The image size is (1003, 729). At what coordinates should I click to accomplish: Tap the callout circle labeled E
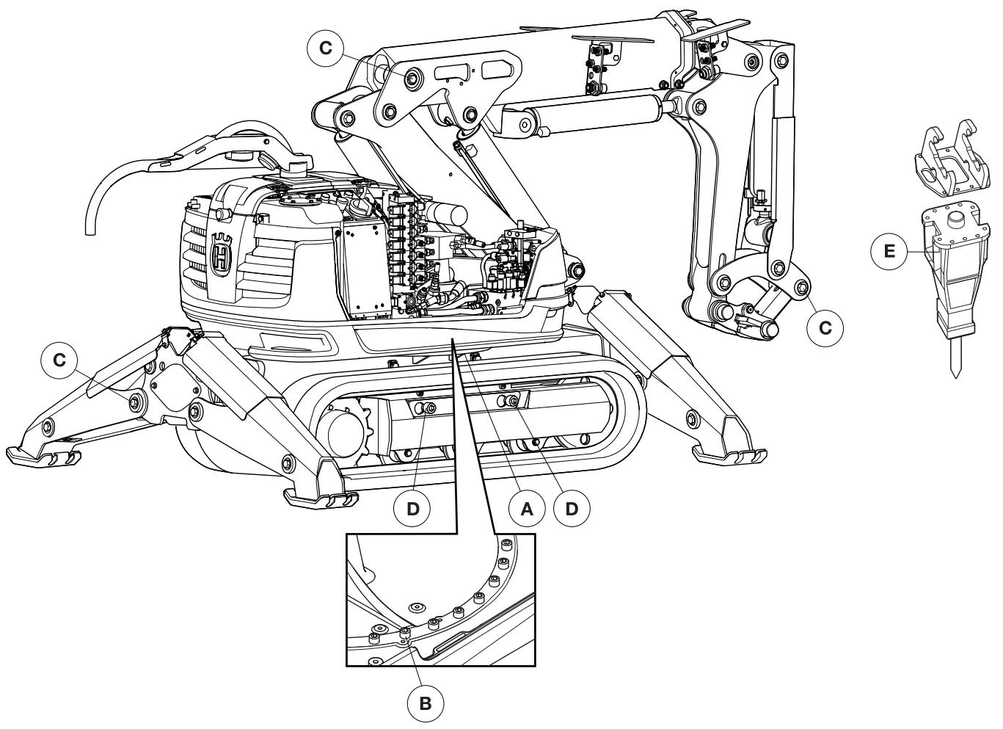click(889, 251)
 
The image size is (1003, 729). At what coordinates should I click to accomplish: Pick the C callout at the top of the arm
click(326, 48)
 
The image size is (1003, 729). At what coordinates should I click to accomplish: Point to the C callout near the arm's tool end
click(825, 328)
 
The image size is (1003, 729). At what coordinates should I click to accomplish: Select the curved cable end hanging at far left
click(90, 220)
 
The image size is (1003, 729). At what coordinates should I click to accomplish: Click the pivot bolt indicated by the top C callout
click(412, 77)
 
